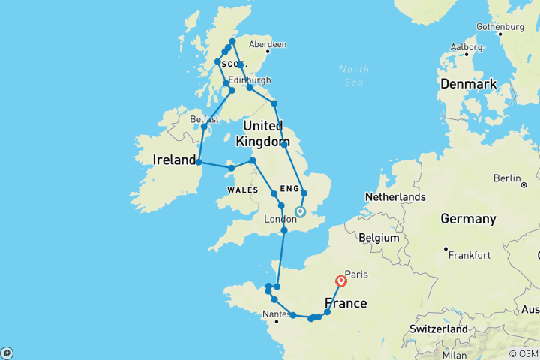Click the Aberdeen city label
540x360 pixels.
click(269, 45)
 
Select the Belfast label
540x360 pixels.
click(204, 118)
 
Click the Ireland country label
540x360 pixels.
click(175, 160)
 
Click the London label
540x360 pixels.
click(280, 219)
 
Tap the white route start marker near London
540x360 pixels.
click(300, 212)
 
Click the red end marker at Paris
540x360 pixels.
click(341, 281)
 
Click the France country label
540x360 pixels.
click(346, 304)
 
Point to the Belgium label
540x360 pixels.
click(379, 237)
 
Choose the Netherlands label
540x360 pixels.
click(395, 197)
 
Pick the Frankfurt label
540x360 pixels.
click(469, 255)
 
